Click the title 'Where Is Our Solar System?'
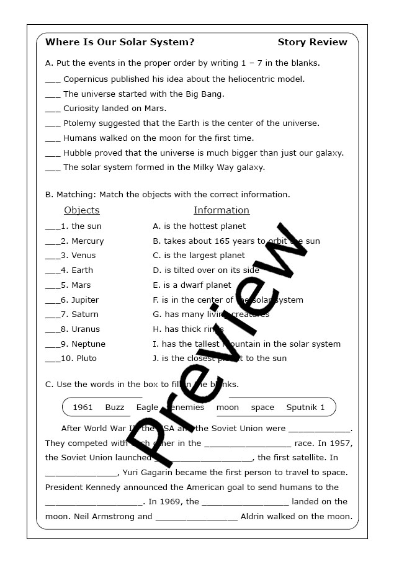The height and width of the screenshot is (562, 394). [x=120, y=42]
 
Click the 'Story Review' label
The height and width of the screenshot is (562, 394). [x=312, y=42]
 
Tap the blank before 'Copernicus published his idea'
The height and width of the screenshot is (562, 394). [x=53, y=81]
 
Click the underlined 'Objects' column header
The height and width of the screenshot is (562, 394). [x=82, y=210]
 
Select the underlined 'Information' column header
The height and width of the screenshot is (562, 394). [x=222, y=210]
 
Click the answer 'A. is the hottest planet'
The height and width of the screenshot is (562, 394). [x=199, y=226]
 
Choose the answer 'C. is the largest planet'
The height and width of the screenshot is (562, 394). [x=199, y=256]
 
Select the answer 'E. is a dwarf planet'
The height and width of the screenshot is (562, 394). [x=192, y=285]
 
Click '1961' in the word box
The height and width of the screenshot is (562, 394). [x=83, y=408]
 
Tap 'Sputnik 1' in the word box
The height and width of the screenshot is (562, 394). [x=305, y=408]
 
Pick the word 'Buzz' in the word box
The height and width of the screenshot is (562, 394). [x=115, y=408]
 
